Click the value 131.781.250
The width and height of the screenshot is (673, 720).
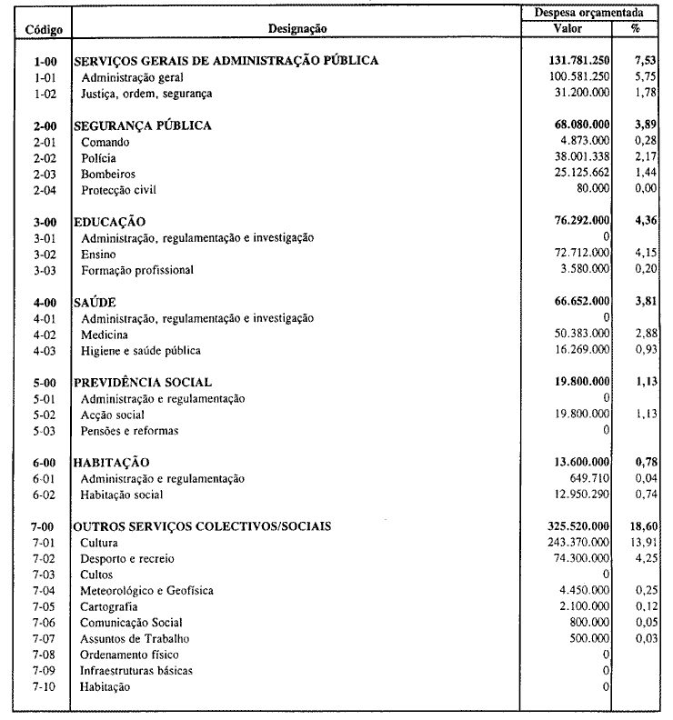pyautogui.click(x=574, y=61)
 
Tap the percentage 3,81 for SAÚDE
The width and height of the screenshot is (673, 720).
pyautogui.click(x=645, y=302)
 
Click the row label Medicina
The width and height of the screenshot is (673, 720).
pyautogui.click(x=105, y=335)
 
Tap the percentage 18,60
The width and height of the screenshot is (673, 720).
pyautogui.click(x=643, y=526)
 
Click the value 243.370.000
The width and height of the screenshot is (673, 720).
pyautogui.click(x=574, y=543)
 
